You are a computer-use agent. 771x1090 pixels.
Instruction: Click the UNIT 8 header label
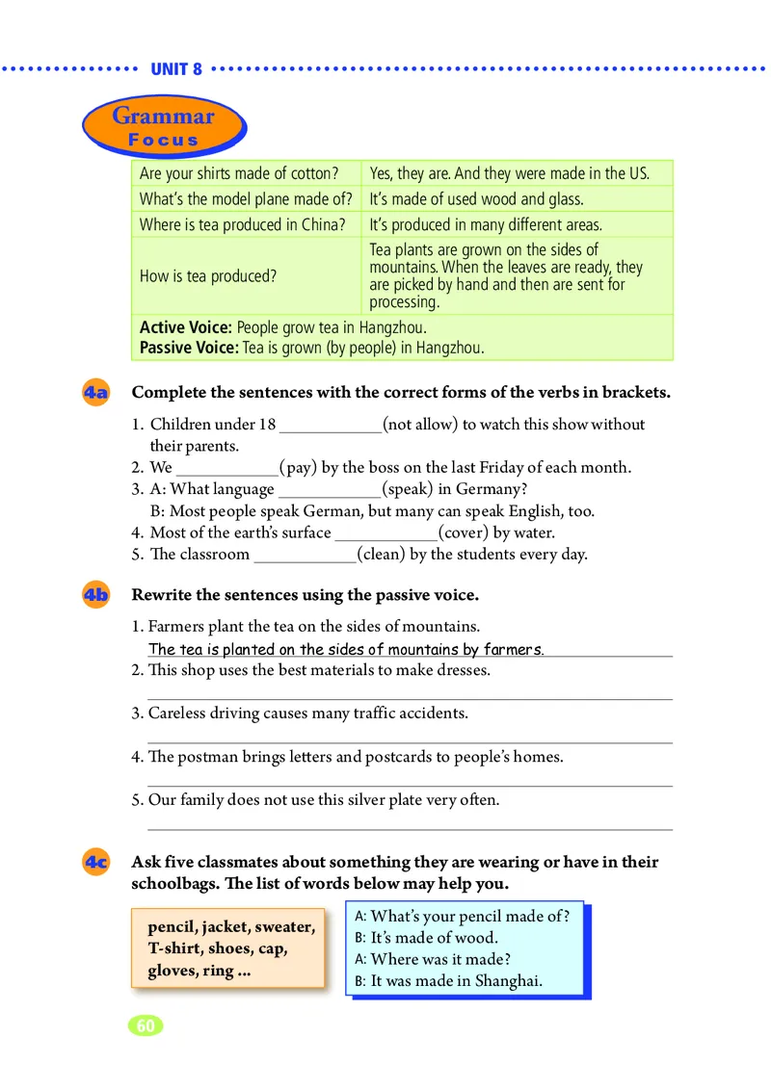(x=176, y=69)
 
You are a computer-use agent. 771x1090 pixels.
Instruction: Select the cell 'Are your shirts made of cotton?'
(x=239, y=173)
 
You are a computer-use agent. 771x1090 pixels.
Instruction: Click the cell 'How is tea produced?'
(x=208, y=275)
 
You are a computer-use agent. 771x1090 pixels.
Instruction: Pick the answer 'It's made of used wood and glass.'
(x=476, y=199)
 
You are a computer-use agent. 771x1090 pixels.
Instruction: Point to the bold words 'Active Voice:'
(x=186, y=327)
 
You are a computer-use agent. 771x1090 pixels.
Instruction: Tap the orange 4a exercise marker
(x=95, y=393)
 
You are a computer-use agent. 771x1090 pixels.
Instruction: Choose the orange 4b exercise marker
(x=95, y=595)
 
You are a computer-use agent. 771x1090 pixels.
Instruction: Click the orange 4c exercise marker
(x=95, y=863)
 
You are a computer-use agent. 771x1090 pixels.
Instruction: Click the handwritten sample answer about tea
(x=346, y=649)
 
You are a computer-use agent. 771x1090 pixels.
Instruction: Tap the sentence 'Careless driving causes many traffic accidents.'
(x=307, y=714)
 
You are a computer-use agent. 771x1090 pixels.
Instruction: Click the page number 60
(x=146, y=1025)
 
